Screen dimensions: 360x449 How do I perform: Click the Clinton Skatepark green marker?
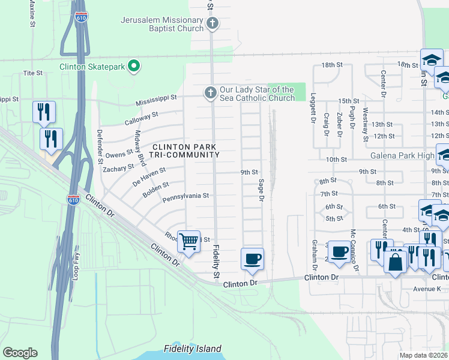click(x=134, y=67)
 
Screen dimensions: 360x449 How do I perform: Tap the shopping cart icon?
click(x=189, y=242)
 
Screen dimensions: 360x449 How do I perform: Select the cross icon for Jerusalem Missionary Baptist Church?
click(x=211, y=24)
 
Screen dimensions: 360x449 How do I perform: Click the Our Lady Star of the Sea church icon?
click(x=210, y=93)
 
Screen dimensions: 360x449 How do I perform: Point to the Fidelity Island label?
click(x=193, y=349)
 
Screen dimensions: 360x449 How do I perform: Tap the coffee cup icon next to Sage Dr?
click(x=252, y=259)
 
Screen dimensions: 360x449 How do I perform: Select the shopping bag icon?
click(x=396, y=262)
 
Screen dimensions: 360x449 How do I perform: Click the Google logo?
click(x=20, y=353)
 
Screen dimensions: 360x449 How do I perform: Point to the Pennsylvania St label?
click(x=185, y=196)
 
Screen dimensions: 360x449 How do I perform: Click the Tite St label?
click(x=32, y=73)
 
